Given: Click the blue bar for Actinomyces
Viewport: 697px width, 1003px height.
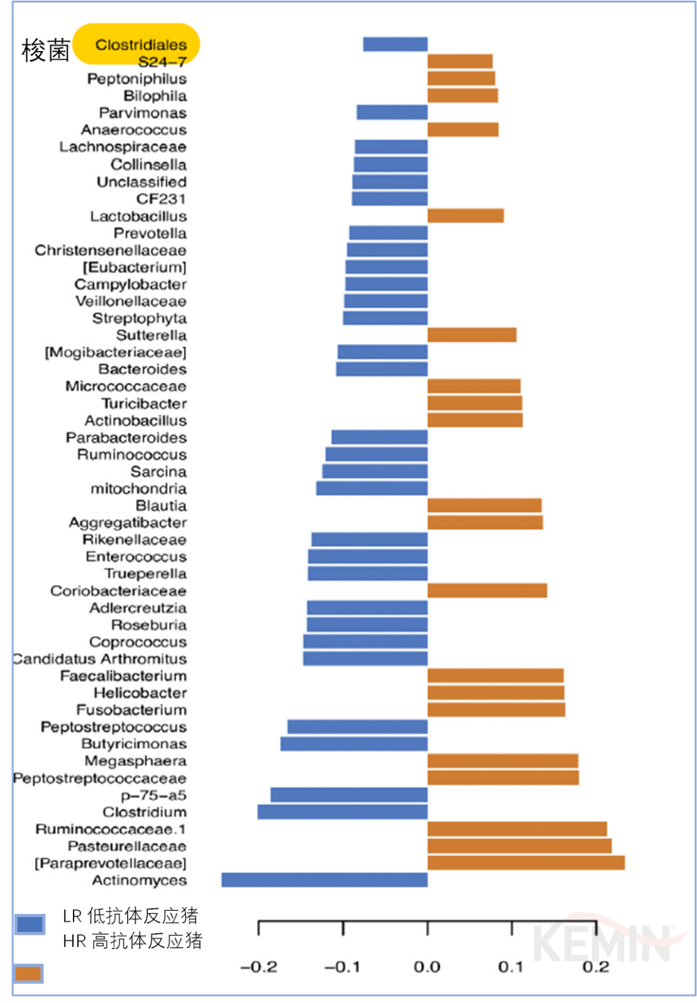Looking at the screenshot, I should [324, 880].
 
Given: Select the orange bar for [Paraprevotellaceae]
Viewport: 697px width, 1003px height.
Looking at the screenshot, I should [526, 863].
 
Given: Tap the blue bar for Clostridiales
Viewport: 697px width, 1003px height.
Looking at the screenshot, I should [395, 44].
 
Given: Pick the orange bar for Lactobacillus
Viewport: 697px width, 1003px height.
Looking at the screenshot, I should [465, 215].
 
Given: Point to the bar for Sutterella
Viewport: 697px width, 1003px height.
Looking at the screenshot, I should [472, 335].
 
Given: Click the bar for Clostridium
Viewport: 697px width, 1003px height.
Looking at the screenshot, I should [342, 811].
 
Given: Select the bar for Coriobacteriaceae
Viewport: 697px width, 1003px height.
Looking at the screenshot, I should [487, 590].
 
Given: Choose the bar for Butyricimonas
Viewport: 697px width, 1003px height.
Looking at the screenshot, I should [354, 744].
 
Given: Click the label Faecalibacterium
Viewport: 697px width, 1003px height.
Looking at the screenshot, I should [123, 675].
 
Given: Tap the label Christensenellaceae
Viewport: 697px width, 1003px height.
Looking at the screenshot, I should [110, 250].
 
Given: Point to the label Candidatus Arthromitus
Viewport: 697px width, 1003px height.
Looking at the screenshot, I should [100, 659].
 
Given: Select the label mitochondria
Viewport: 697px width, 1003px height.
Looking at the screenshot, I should [138, 488].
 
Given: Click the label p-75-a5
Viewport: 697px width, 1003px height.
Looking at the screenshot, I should [154, 795].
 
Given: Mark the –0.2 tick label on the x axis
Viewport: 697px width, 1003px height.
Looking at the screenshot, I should [258, 966].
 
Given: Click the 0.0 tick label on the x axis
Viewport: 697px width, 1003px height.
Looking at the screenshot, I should [427, 966].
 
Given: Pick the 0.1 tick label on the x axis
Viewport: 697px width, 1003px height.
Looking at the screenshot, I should [510, 966].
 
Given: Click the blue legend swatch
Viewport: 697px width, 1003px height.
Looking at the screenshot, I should [30, 924].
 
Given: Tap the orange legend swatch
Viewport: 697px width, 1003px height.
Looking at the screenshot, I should [28, 973].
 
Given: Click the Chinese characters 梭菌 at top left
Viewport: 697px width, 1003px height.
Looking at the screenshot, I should [45, 50].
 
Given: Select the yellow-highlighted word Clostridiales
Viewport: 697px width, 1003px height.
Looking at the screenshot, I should [141, 45].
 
